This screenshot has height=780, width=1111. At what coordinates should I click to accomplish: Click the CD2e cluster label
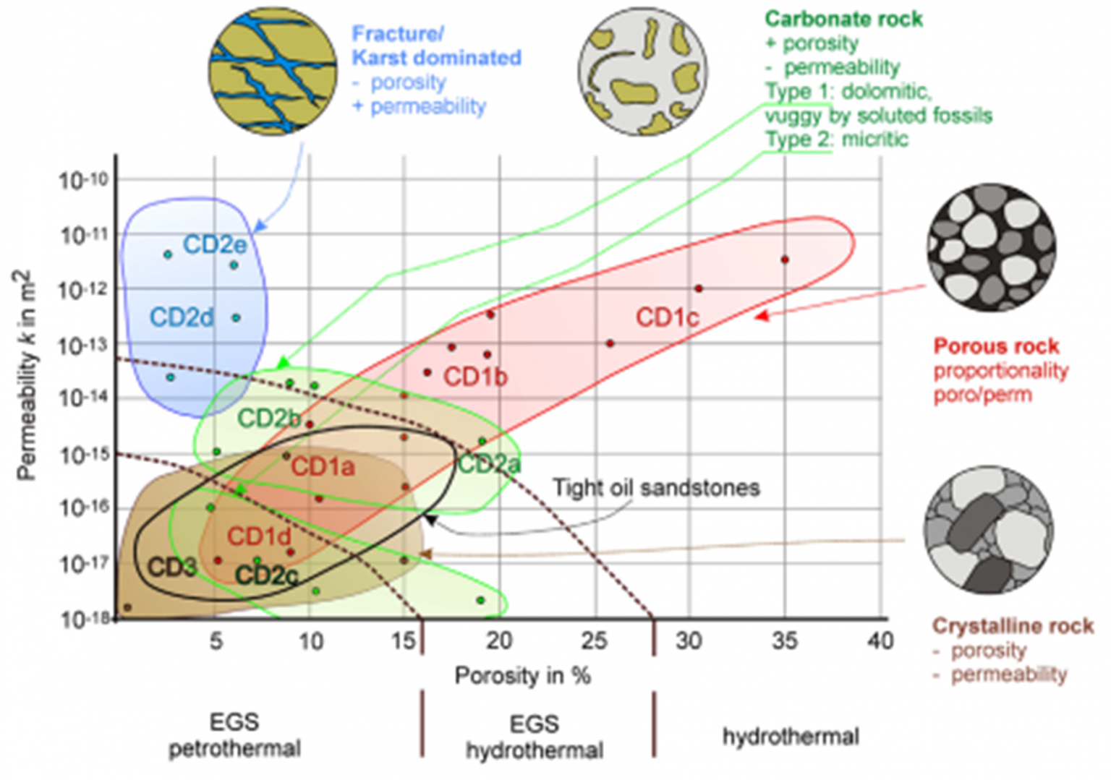coord(214,244)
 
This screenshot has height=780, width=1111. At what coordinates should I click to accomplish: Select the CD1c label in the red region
coord(667,317)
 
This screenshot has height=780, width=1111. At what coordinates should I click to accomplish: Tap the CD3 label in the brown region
coord(171,567)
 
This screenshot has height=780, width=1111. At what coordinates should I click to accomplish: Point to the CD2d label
coord(182,317)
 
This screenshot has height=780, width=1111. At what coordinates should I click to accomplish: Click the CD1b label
coord(475,377)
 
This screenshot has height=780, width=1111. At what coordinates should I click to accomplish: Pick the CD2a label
coord(489,464)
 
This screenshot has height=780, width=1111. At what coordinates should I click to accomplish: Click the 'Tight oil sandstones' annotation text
coord(656,488)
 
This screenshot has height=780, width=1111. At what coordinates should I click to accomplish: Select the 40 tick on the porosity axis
coord(880,640)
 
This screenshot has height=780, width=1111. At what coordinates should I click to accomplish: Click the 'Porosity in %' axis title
coord(522,676)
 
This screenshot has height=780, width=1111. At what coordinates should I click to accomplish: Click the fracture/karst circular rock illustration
coord(273,71)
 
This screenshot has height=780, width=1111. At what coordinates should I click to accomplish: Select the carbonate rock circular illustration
coord(642,72)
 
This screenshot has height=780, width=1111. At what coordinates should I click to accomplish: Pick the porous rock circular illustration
coord(991,247)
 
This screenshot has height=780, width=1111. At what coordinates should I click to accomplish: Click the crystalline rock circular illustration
coord(988,531)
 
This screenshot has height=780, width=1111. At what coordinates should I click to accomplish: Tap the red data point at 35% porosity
coord(785,260)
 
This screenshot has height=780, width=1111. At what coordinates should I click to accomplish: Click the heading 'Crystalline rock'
coord(1013,626)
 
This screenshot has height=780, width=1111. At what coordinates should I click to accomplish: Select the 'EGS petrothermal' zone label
coord(234,735)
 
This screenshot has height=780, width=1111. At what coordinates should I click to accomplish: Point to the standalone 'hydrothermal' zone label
coord(791,737)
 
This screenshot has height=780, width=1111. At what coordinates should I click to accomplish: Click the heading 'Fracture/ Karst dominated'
coord(436,46)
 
